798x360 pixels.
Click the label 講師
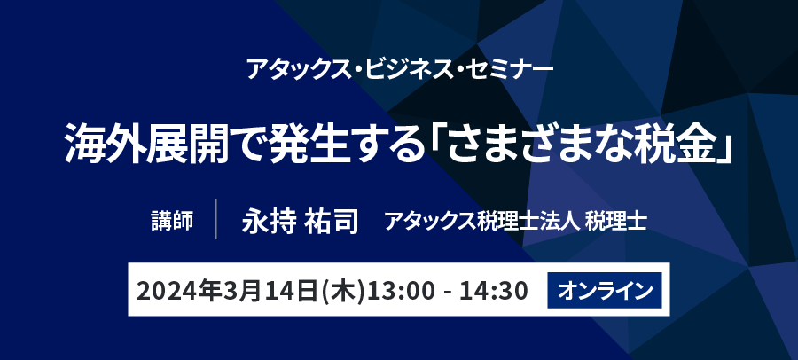pos(172,222)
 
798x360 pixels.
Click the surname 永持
pos(269,222)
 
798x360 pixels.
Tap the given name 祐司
pos(332,222)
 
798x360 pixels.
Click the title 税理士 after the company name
pos(616,222)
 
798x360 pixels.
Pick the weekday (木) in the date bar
pos(344,291)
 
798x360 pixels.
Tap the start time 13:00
pos(402,291)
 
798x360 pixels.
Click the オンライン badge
pos(605,290)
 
